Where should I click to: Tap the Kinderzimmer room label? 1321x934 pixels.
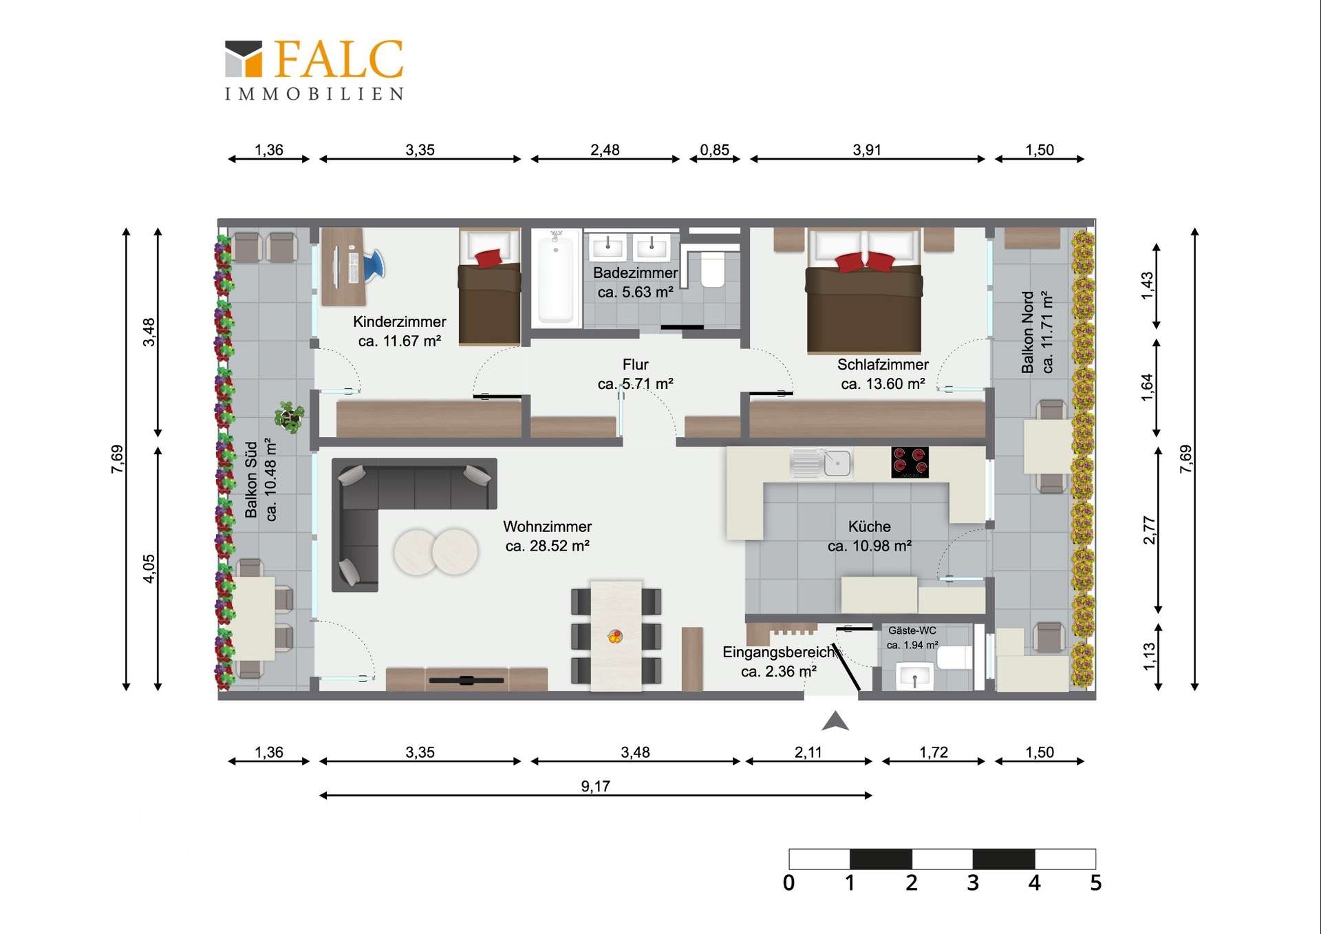point(399,321)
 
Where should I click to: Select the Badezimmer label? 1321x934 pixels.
point(635,273)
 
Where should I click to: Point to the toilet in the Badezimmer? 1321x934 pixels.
point(712,269)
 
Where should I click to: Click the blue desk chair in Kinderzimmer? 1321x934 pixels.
point(374,265)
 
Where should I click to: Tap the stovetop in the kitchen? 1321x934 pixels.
point(910,462)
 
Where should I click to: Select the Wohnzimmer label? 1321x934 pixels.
point(547,527)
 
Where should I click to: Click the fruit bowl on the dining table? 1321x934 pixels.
point(615,636)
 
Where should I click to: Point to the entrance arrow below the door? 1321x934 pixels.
point(835,721)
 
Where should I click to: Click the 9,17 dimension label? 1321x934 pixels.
point(595,786)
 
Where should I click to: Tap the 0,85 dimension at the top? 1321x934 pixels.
point(714,149)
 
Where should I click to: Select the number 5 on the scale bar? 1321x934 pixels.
point(1095,883)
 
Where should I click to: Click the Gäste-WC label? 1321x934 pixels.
point(912,630)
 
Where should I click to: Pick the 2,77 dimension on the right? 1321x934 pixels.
point(1148,530)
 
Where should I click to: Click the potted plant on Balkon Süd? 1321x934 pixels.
point(289,417)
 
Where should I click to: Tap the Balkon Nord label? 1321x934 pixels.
point(1027,332)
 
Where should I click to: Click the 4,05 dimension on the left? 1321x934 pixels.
point(149,569)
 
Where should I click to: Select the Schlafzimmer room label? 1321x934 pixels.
point(882,364)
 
